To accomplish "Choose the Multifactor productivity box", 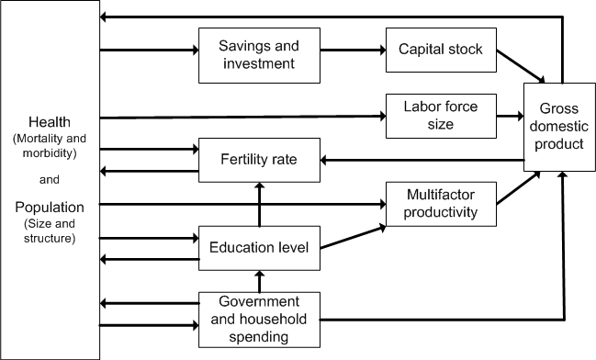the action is [x=441, y=203].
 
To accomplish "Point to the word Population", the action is [x=50, y=208].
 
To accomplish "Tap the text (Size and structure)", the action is [x=50, y=231].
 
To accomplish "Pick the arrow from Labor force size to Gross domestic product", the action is [x=510, y=116].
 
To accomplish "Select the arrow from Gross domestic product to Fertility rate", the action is [x=422, y=160].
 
